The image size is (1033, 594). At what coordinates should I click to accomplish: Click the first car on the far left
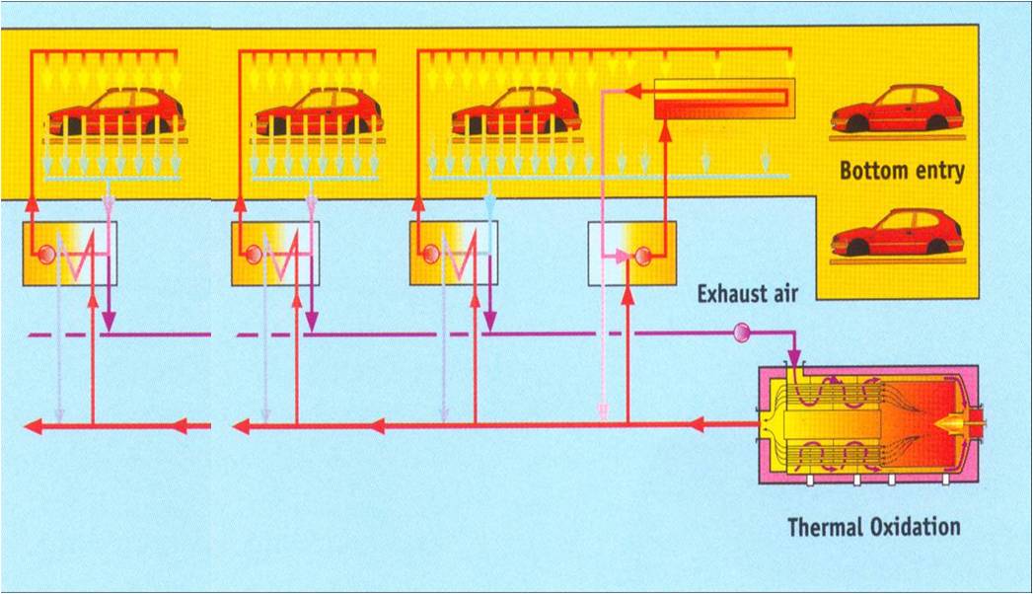click(116, 111)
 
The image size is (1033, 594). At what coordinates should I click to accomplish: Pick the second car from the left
click(324, 111)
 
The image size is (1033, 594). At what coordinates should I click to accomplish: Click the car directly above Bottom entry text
click(897, 109)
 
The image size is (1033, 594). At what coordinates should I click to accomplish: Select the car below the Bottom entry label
click(897, 233)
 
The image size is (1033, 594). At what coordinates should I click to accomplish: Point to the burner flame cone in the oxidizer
click(948, 425)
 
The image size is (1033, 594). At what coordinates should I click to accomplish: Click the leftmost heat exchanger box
click(70, 254)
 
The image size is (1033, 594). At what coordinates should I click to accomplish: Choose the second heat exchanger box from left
click(277, 254)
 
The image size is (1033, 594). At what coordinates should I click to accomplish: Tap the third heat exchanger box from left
click(454, 254)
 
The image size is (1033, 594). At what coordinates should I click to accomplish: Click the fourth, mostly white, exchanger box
click(631, 254)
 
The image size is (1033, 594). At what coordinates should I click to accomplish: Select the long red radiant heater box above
click(724, 100)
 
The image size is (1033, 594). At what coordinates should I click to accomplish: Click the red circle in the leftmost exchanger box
click(44, 255)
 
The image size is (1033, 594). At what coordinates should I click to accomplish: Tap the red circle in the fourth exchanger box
click(643, 256)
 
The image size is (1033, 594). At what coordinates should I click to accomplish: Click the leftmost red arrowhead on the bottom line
click(34, 426)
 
